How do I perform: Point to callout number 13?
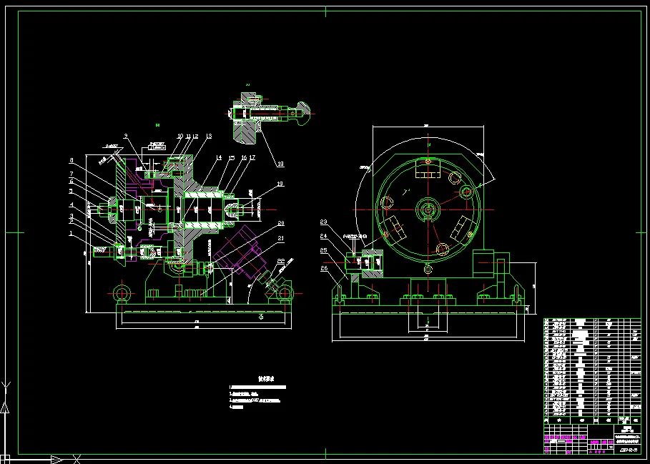coord(209,136)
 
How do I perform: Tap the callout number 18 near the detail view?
coord(280,164)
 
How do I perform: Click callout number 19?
coord(280,184)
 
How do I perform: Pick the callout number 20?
coord(281,224)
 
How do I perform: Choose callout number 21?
coord(281,238)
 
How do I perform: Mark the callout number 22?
coord(281,261)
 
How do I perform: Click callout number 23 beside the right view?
coord(324,222)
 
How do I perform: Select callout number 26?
coord(324,269)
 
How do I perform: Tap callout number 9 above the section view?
coord(125,136)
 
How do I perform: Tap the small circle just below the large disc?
coord(428,269)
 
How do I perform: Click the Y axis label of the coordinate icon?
coord(7,387)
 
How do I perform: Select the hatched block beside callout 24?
coord(372,262)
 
